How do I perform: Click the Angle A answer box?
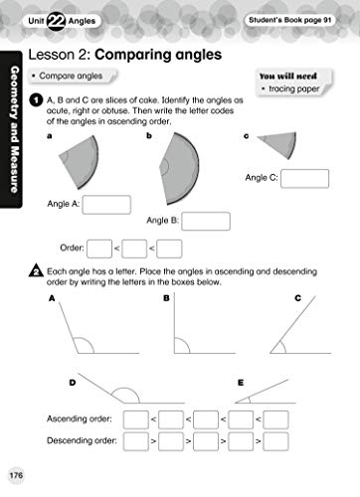click(x=107, y=204)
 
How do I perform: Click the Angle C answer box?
click(x=303, y=178)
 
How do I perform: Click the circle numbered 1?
click(x=35, y=100)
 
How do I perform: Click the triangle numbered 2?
click(x=36, y=270)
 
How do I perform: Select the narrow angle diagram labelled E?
click(x=279, y=392)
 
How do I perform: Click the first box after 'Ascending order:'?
click(x=134, y=419)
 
